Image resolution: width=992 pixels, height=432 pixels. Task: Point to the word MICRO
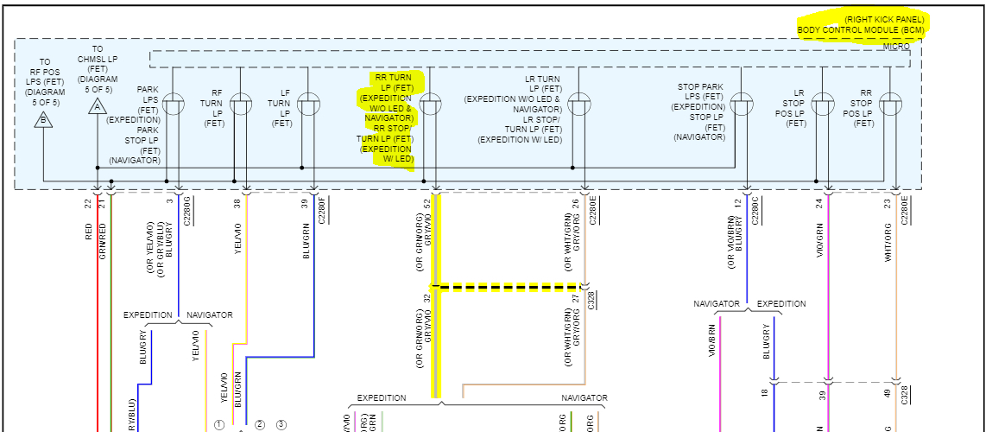tap(895, 46)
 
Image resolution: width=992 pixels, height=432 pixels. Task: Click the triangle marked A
tap(97, 106)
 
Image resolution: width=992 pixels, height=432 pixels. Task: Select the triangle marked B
tap(43, 120)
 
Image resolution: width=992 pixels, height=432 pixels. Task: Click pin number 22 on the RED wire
tap(88, 204)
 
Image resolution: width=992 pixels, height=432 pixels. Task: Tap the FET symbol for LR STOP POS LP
tap(823, 105)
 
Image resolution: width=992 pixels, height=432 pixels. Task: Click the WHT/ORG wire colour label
tap(888, 240)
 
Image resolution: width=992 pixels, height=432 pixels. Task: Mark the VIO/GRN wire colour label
tap(818, 240)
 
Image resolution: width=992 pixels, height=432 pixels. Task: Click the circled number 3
tap(281, 424)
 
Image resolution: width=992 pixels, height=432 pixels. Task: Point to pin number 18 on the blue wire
tap(763, 393)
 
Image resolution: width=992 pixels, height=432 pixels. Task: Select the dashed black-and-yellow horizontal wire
tap(509, 286)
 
